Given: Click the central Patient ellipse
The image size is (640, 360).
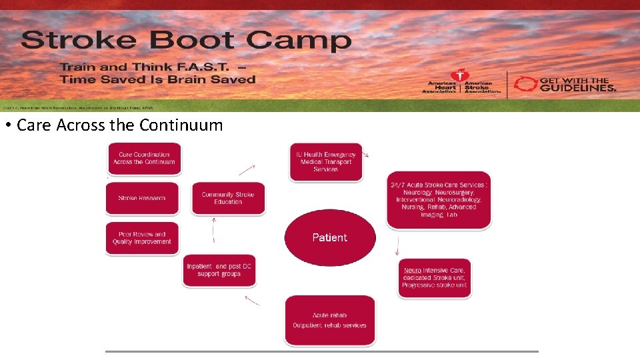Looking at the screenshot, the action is pyautogui.click(x=330, y=237).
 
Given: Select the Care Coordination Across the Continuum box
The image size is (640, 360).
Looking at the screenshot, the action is pyautogui.click(x=144, y=159).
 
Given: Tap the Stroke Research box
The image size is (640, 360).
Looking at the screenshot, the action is pyautogui.click(x=142, y=198).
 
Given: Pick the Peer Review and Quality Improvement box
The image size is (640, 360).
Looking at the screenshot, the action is pyautogui.click(x=142, y=238).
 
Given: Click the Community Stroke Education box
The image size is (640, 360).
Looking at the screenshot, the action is pyautogui.click(x=228, y=198).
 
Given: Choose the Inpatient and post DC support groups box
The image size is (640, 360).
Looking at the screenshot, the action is pyautogui.click(x=219, y=271).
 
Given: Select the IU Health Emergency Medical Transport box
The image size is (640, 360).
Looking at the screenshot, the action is pyautogui.click(x=325, y=161).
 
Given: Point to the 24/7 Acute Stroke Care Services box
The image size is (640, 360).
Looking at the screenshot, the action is pyautogui.click(x=439, y=200).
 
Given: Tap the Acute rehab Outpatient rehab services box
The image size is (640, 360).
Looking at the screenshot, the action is pyautogui.click(x=329, y=321).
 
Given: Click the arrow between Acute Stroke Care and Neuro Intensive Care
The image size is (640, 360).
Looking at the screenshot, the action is pyautogui.click(x=397, y=247).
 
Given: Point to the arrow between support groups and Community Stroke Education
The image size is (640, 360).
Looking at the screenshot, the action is pyautogui.click(x=213, y=232).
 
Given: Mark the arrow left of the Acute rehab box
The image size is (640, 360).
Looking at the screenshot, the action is pyautogui.click(x=251, y=301).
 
